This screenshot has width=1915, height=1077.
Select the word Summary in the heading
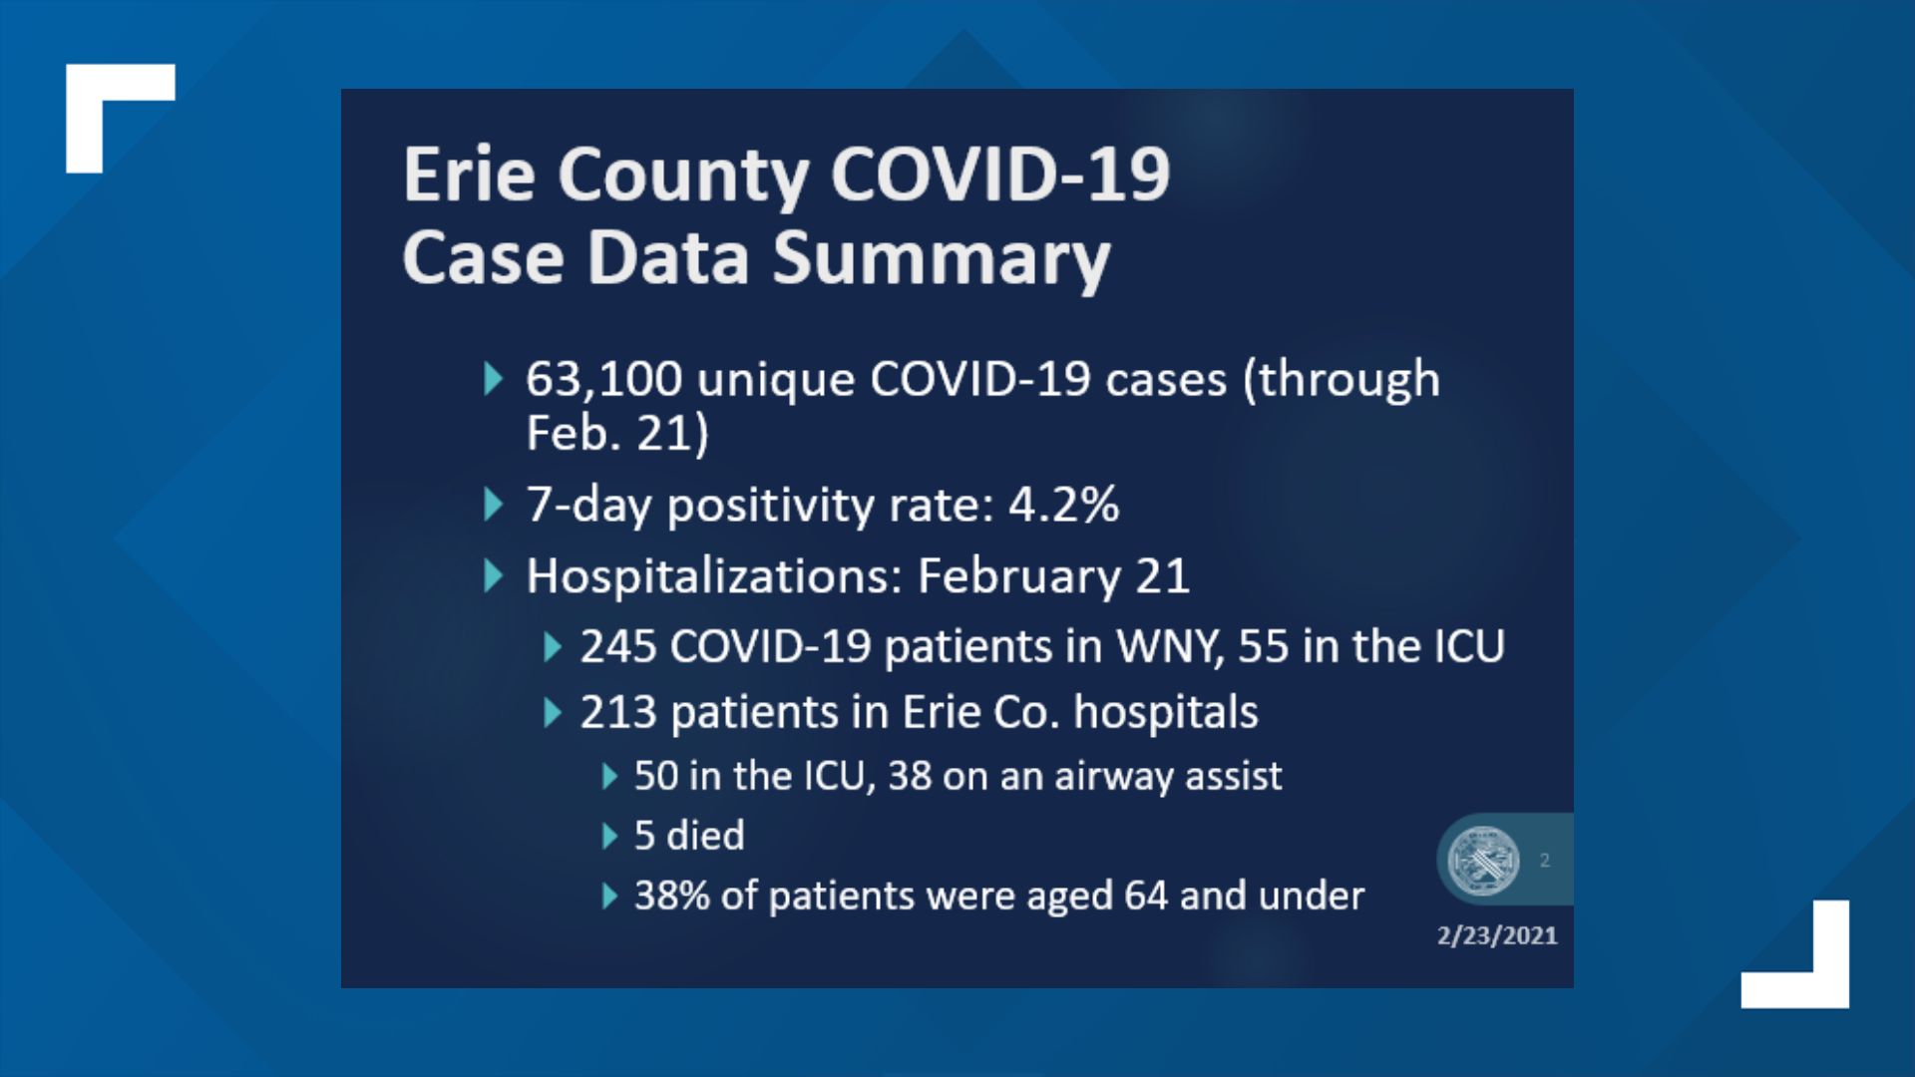941,259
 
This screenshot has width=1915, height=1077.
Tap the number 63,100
603,380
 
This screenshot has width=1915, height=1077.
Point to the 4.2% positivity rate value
1063,505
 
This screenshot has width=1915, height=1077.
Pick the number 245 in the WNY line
617,647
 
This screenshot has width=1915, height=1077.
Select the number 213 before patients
617,713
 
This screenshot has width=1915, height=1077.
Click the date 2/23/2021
1496,935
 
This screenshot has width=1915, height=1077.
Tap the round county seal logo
1483,860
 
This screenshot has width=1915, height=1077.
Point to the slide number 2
1544,860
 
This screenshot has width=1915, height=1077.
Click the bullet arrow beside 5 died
609,836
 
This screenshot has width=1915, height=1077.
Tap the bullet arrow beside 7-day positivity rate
493,505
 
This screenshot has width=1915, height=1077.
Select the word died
704,836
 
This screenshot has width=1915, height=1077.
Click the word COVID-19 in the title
999,176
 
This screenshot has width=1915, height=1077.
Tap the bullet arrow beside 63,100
493,379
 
